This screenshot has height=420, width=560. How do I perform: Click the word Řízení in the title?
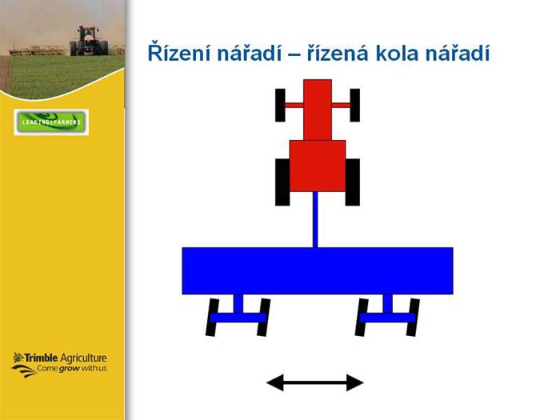pyautogui.click(x=179, y=53)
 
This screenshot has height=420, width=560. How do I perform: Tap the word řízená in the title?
pyautogui.click(x=338, y=53)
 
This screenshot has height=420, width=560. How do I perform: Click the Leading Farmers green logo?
pyautogui.click(x=51, y=122)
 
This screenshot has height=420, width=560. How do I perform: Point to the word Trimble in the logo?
pyautogui.click(x=40, y=358)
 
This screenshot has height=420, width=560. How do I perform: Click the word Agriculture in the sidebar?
pyautogui.click(x=83, y=358)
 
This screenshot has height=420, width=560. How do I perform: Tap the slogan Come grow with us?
pyautogui.click(x=72, y=368)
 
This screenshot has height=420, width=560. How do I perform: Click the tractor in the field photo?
pyautogui.click(x=89, y=41)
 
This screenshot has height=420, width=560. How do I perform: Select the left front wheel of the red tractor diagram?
pyautogui.click(x=280, y=105)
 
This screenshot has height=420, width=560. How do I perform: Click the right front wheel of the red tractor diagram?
pyautogui.click(x=354, y=105)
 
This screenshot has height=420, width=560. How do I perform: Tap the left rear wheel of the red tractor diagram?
pyautogui.click(x=282, y=182)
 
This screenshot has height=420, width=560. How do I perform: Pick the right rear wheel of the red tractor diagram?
pyautogui.click(x=353, y=182)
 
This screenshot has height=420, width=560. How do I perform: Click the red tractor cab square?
pyautogui.click(x=318, y=166)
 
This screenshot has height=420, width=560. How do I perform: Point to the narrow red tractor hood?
pyautogui.click(x=318, y=110)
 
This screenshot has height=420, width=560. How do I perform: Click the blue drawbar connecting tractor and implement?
pyautogui.click(x=315, y=220)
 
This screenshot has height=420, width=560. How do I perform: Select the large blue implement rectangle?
pyautogui.click(x=318, y=270)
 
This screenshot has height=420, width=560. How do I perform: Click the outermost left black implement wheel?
pyautogui.click(x=212, y=318)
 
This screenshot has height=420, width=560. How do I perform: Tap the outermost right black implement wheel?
pyautogui.click(x=413, y=318)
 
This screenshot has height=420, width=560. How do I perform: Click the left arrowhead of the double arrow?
pyautogui.click(x=275, y=383)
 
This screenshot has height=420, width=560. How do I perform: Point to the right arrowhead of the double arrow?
pyautogui.click(x=355, y=383)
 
